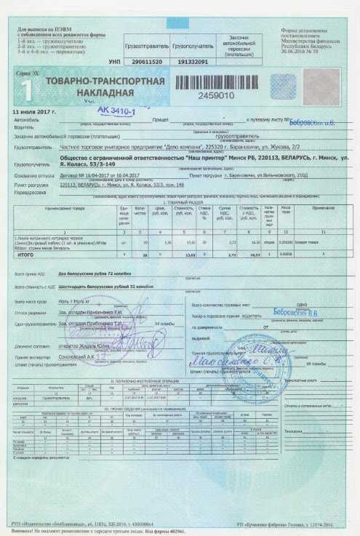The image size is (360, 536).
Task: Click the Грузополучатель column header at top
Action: pyautogui.click(x=190, y=44)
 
